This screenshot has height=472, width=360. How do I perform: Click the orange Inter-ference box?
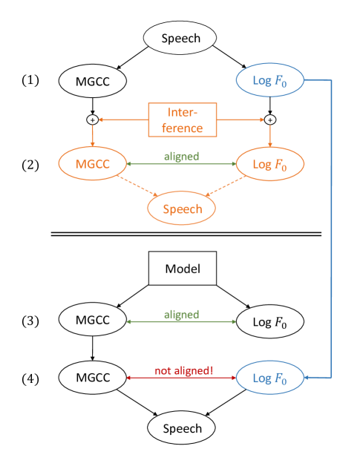[x=182, y=119]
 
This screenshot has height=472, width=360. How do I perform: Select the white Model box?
[x=182, y=268]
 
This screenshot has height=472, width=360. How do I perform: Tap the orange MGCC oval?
[x=92, y=164]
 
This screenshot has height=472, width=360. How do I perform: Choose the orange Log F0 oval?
[x=270, y=164]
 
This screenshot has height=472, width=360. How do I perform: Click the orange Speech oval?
[x=182, y=209]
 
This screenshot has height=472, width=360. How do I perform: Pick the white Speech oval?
[x=182, y=428]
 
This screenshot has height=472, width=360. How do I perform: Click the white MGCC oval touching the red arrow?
[x=92, y=378]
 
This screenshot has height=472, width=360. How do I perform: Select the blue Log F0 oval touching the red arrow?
[x=270, y=378]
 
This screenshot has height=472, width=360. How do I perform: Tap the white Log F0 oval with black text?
[x=270, y=321]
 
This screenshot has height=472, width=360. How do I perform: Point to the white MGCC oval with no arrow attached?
[x=92, y=81]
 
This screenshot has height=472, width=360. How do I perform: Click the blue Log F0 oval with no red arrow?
[x=270, y=81]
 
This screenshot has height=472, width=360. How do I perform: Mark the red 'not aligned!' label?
[x=183, y=370]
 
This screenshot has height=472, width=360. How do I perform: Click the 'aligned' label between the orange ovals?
[x=181, y=157]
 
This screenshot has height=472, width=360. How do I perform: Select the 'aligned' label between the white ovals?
[x=181, y=314]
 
